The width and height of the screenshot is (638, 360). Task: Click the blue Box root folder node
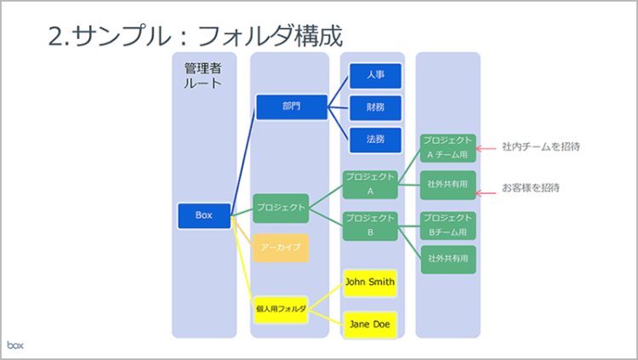(204, 215)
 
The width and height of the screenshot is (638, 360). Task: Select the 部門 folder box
(292, 106)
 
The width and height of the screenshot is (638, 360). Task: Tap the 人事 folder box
(375, 76)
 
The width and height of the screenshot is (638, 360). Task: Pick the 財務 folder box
(375, 107)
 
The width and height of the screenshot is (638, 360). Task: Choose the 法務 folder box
(375, 139)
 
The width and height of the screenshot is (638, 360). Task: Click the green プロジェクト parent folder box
(281, 208)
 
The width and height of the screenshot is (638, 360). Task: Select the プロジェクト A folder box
(370, 184)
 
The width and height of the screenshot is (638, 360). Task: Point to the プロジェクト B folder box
(370, 226)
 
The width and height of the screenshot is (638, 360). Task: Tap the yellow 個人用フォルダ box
(281, 309)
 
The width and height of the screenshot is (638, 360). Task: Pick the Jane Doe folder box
(370, 324)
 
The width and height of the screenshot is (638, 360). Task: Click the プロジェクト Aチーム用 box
(447, 147)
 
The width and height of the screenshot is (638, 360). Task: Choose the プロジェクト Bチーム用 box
(447, 225)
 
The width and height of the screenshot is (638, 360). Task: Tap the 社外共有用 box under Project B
(447, 259)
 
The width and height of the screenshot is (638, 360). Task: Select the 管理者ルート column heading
(203, 75)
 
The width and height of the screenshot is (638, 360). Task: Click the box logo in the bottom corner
(16, 345)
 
